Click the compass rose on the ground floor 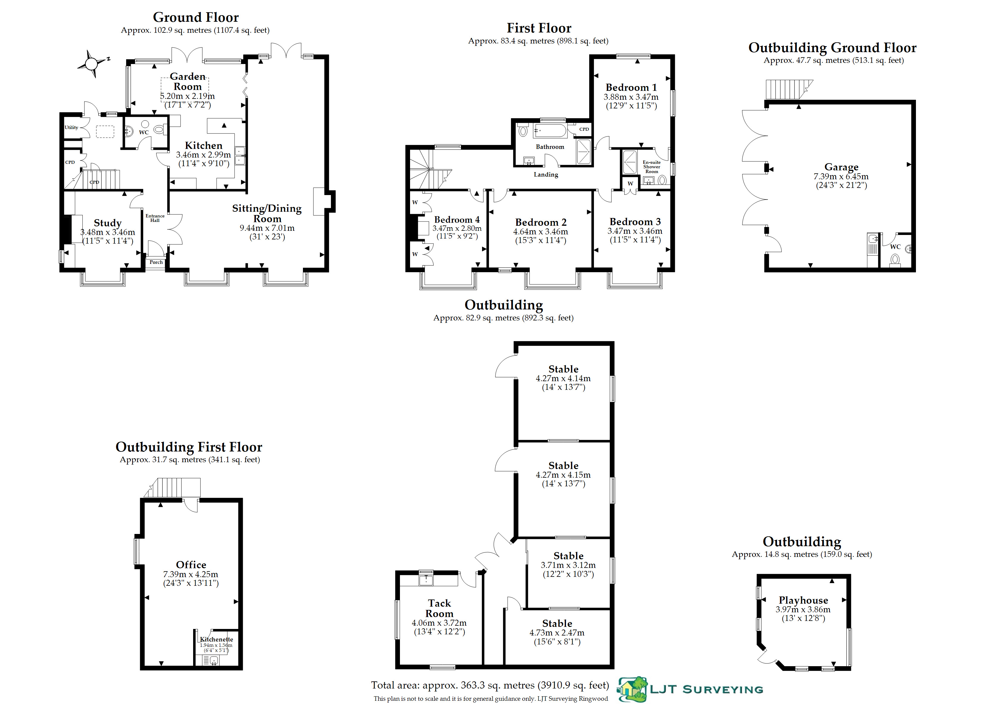(91, 64)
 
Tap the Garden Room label (187, 81)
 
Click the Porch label (156, 262)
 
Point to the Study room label (107, 223)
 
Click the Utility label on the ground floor (71, 127)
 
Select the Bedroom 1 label (631, 88)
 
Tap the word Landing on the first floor (545, 175)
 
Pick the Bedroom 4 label (457, 220)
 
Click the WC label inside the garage (895, 247)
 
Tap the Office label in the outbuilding (191, 565)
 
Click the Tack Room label (439, 608)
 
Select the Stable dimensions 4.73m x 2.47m (557, 633)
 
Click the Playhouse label (803, 600)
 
